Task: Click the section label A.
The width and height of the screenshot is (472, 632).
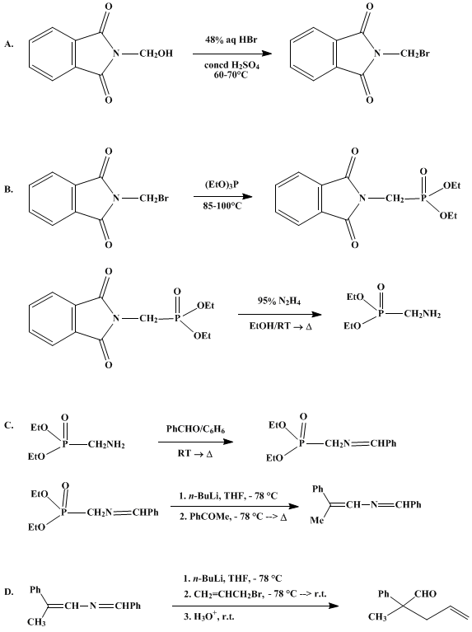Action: (9, 44)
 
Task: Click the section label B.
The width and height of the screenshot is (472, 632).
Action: (9, 189)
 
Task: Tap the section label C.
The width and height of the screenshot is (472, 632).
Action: (9, 425)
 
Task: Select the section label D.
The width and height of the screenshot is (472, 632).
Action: (9, 592)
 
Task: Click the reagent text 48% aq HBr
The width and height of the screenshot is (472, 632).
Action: (231, 40)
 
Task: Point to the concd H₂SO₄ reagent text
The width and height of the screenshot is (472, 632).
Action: (231, 65)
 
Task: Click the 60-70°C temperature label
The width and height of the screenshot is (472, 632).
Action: (231, 74)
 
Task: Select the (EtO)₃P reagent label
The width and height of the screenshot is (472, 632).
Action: (223, 185)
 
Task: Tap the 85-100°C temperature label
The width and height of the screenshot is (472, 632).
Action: (223, 206)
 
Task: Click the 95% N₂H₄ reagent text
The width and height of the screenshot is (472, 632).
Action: (279, 301)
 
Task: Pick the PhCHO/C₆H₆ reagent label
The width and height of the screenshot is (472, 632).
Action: (195, 429)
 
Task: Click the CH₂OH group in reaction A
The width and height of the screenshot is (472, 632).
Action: (156, 54)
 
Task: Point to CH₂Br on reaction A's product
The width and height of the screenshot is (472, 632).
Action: (415, 54)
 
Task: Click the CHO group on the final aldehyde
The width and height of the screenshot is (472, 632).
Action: (425, 594)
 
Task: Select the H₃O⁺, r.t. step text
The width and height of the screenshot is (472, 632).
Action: (208, 616)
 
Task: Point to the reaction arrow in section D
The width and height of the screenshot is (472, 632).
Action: (255, 606)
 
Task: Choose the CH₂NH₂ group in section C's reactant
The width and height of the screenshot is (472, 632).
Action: (106, 445)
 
